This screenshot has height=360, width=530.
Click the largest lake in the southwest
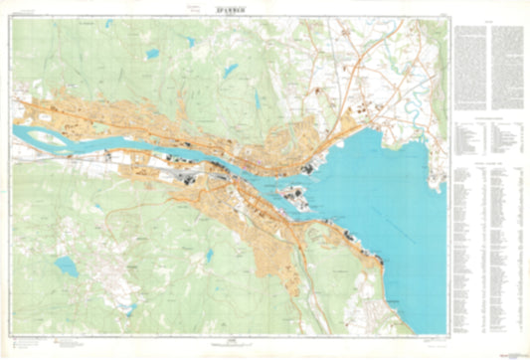[x=66, y=267]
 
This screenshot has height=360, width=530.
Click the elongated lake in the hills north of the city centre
[x=256, y=99]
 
